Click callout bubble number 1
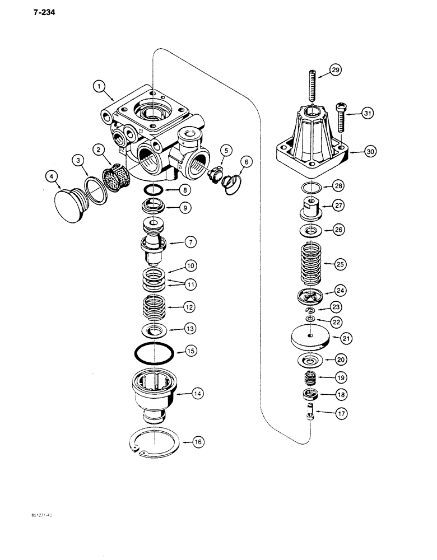tap(99, 86)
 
